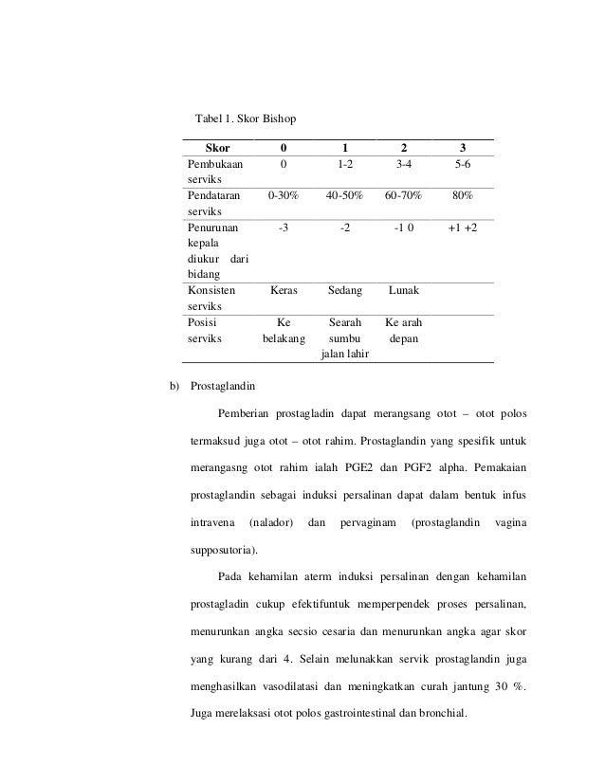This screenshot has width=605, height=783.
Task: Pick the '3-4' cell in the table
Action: click(x=403, y=164)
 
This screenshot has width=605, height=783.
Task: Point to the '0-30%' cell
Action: click(x=284, y=196)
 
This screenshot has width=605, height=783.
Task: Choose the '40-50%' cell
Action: click(x=343, y=196)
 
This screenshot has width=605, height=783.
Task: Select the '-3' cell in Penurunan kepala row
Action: click(x=284, y=228)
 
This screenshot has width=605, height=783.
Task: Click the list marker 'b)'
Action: click(x=174, y=386)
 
